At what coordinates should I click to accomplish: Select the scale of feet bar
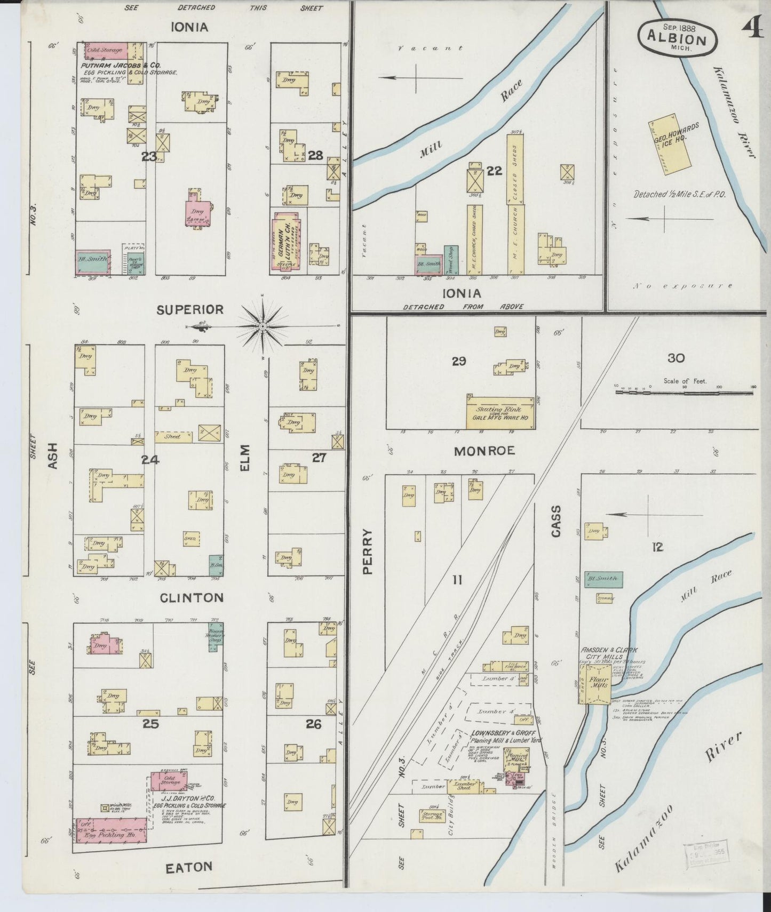[684, 392]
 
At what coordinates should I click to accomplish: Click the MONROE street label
[484, 451]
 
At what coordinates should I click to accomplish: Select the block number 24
[150, 459]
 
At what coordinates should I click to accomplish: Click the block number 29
[458, 362]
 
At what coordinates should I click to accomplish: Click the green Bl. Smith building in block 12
[603, 579]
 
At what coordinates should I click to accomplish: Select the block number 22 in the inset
[494, 171]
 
